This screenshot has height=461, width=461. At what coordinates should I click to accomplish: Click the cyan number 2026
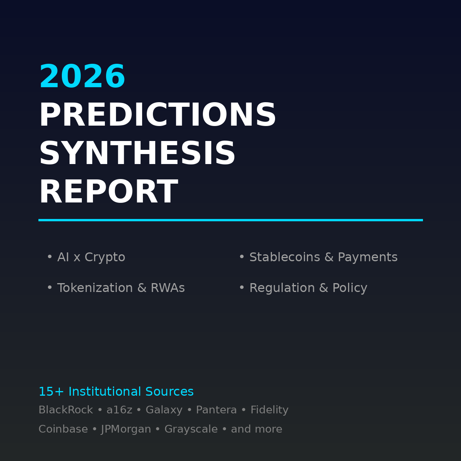tap(82, 77)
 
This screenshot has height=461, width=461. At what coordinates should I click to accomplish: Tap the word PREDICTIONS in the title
tap(158, 116)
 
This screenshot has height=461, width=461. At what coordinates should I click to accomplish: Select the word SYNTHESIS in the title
tap(137, 154)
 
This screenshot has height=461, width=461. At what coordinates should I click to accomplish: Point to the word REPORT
tap(108, 192)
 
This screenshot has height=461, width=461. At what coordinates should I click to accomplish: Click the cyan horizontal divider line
tap(230, 220)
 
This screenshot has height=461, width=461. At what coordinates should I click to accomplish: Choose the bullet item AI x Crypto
tap(91, 257)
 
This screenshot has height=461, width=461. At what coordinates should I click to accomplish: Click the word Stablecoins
tap(285, 257)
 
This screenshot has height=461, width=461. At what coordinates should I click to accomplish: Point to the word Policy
tap(350, 288)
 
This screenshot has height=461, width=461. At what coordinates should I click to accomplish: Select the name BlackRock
tap(66, 410)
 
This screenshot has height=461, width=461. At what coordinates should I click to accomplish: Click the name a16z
tap(119, 410)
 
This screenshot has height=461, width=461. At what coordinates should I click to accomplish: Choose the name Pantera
tap(216, 410)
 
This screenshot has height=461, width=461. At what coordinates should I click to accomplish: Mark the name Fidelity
tap(269, 410)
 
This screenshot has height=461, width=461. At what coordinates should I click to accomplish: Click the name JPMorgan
tap(126, 429)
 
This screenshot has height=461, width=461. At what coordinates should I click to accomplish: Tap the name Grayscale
tap(191, 429)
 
